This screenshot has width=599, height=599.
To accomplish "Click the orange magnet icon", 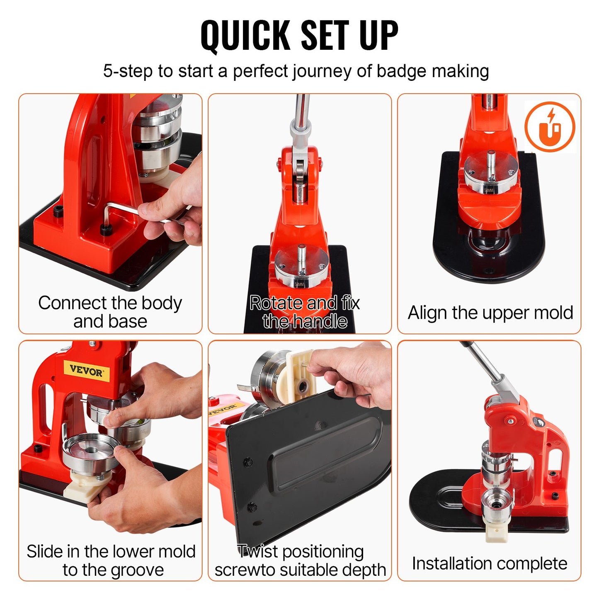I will click(x=550, y=127).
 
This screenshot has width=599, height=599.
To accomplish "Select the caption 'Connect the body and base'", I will click(x=110, y=312).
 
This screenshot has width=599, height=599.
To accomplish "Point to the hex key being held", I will click(x=124, y=209).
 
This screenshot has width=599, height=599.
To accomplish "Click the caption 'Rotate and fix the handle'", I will click(x=305, y=312).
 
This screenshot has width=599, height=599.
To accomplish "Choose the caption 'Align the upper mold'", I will click(x=490, y=313).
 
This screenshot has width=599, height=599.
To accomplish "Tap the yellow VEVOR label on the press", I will click(x=86, y=370).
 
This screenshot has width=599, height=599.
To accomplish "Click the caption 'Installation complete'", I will click(x=489, y=563).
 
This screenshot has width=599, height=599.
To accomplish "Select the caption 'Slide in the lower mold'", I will click(x=111, y=560).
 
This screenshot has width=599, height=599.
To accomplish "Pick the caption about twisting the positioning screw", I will click(x=300, y=560).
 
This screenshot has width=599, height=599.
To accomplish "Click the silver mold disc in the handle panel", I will click(x=301, y=265).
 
